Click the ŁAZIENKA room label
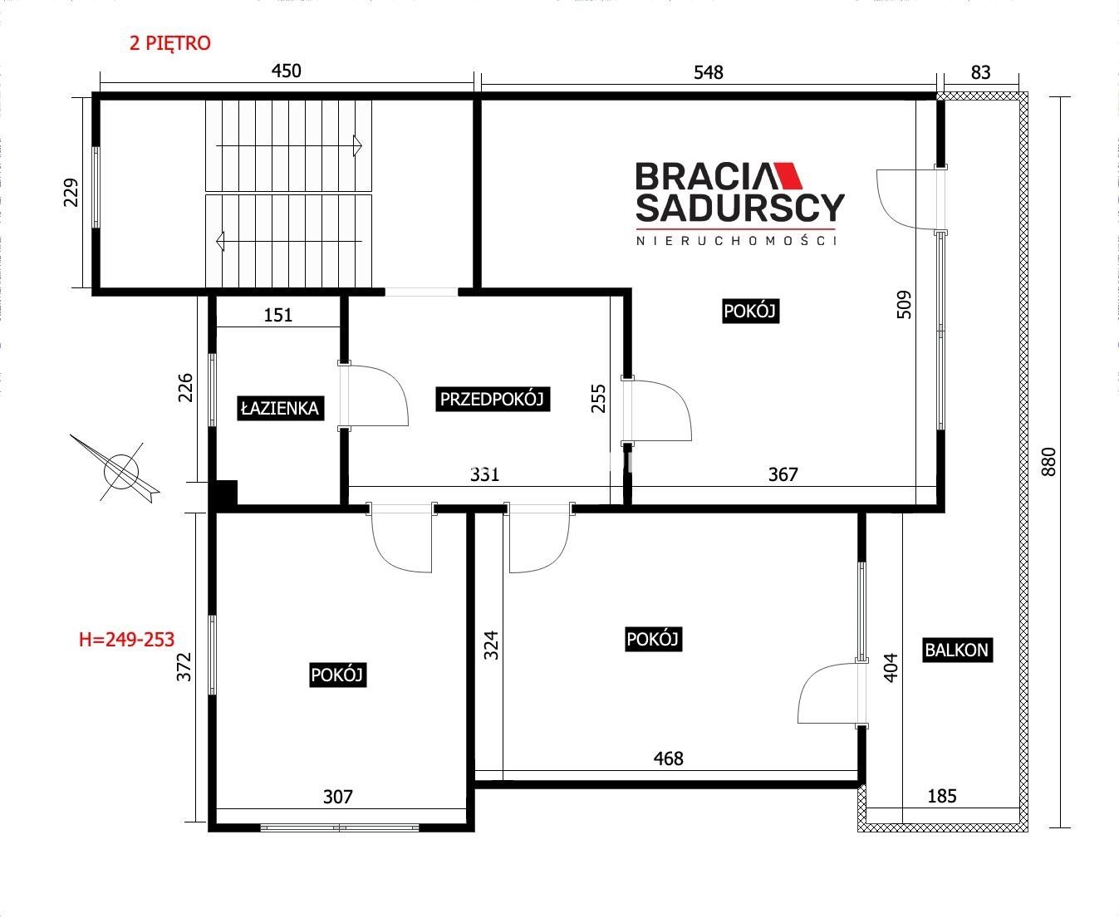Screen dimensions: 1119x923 [x=280, y=409]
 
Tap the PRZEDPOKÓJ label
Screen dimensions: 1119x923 [x=492, y=399]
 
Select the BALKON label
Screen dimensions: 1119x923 [x=957, y=650]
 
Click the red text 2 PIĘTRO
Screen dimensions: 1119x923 [x=170, y=43]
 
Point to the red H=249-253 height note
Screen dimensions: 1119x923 [x=126, y=640]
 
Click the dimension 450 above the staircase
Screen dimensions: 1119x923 [x=286, y=71]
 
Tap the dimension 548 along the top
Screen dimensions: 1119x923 [x=709, y=72]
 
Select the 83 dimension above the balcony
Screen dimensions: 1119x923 [x=981, y=72]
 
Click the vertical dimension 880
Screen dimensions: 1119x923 [x=1048, y=462]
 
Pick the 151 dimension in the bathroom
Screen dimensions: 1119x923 [x=278, y=315]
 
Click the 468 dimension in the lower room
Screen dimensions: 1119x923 [x=668, y=759]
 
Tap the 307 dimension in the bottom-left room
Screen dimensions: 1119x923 [x=337, y=797]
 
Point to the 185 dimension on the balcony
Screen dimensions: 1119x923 [x=942, y=796]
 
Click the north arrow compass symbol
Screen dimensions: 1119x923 [x=120, y=471]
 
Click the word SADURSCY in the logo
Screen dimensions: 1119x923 [x=740, y=208]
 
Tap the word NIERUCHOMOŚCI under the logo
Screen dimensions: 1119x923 [x=736, y=241]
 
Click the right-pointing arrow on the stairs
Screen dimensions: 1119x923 [x=289, y=145]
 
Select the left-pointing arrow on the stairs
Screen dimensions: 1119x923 [x=289, y=241]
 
